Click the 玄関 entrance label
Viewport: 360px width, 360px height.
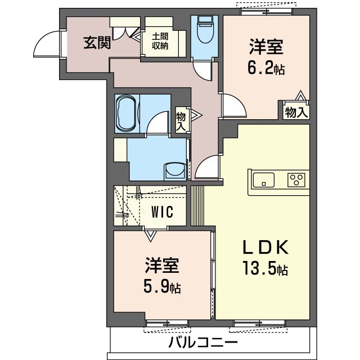(97, 43)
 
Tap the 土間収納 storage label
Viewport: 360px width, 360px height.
(160, 41)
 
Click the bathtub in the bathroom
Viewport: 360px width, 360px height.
(127, 114)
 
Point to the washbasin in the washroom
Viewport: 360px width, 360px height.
(175, 171)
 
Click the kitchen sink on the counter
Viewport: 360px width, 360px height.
(263, 180)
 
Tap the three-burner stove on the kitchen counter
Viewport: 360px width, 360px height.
(296, 180)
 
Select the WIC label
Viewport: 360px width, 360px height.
(162, 212)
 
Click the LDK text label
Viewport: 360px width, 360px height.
(265, 247)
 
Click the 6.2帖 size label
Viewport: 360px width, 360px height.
(266, 67)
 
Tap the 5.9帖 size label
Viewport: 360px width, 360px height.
(162, 286)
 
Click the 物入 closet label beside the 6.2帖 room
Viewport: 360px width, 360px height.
(296, 112)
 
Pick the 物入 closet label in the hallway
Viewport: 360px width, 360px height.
(181, 121)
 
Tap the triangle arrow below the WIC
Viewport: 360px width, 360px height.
(151, 236)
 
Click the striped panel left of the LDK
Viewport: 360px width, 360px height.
(197, 205)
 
